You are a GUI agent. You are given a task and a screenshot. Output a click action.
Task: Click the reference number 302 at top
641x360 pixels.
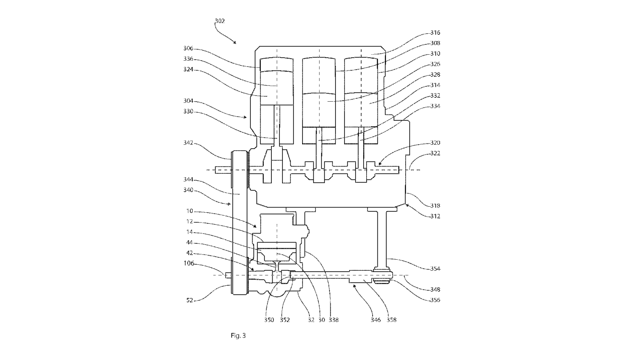pos(220,21)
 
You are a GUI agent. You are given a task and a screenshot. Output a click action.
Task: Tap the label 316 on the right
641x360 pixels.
pos(435,32)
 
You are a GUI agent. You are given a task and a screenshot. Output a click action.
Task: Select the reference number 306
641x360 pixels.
pos(188,48)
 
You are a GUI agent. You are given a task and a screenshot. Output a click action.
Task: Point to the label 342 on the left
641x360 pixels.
pos(188,143)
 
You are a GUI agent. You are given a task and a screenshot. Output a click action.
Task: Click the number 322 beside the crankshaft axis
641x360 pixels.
pos(435,153)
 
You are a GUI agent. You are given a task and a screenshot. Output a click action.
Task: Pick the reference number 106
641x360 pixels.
pos(188,263)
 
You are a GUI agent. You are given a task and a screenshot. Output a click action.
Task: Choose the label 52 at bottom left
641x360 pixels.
pos(190,300)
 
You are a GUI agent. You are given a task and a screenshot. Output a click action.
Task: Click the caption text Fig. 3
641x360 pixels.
pos(238,335)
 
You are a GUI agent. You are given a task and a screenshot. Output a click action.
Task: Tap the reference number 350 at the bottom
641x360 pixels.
pos(269,320)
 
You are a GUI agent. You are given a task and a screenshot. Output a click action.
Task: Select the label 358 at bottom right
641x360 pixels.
pos(391,320)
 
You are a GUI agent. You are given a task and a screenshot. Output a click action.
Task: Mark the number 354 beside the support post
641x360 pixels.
pos(435,269)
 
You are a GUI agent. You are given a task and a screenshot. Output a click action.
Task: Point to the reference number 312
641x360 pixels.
pos(435,216)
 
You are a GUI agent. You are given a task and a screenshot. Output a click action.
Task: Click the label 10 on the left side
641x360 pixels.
pos(190,211)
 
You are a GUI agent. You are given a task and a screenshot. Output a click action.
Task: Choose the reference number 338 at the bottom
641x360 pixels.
pos(334,320)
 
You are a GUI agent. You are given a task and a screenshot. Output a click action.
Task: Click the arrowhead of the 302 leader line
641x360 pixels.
pos(235,43)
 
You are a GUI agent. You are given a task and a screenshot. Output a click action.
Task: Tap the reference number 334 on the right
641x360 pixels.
pos(435,106)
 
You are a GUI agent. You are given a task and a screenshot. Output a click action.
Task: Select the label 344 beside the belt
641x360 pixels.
pos(188,179)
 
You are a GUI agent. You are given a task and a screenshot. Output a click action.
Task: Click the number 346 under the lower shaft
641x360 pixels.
pos(376,320)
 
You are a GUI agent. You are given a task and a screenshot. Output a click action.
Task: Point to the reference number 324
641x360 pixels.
pos(188,70)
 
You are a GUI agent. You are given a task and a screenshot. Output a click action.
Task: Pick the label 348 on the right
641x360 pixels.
pos(435,290)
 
